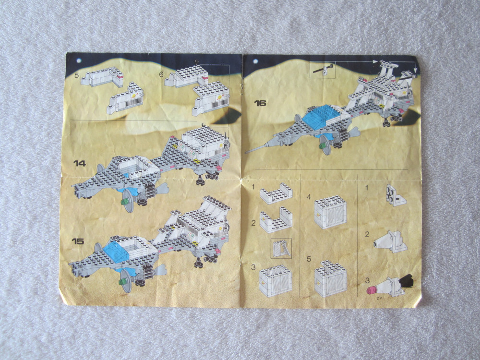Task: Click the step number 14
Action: pyautogui.click(x=80, y=164)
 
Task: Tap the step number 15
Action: pyautogui.click(x=78, y=241)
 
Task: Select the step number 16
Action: pyautogui.click(x=260, y=103)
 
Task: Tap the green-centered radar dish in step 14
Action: pyautogui.click(x=128, y=202)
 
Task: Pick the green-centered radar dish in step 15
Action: pyautogui.click(x=125, y=281)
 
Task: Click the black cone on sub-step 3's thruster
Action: pyautogui.click(x=406, y=281)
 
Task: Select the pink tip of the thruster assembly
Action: pyautogui.click(x=372, y=290)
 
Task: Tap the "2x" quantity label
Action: pyautogui.click(x=379, y=298)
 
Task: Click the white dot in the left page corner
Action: pyautogui.click(x=79, y=60)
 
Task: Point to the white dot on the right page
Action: pyautogui.click(x=256, y=61)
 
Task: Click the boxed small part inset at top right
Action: pyautogui.click(x=323, y=70)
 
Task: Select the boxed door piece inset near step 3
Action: pyautogui.click(x=281, y=248)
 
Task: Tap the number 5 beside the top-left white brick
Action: pyautogui.click(x=76, y=75)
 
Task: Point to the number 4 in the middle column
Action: pyautogui.click(x=309, y=197)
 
